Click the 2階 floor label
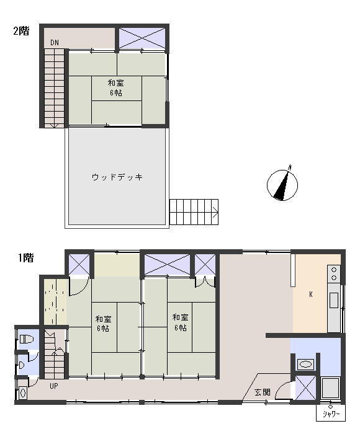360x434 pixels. coord(21,32)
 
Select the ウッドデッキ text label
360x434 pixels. coord(117,177)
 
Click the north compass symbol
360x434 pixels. coord(282,185)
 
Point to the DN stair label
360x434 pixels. coord(55,43)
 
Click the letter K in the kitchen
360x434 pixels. coord(311,294)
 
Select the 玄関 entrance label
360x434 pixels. coord(262,392)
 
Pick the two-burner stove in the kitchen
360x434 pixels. coord(334,274)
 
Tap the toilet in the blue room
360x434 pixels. coord(25,339)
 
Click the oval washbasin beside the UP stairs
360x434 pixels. coord(23,392)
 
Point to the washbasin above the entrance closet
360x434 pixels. coord(305,364)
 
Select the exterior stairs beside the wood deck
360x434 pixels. coord(194,212)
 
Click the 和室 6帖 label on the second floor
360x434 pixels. coord(115,87)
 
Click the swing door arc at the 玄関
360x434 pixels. coord(282,389)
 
